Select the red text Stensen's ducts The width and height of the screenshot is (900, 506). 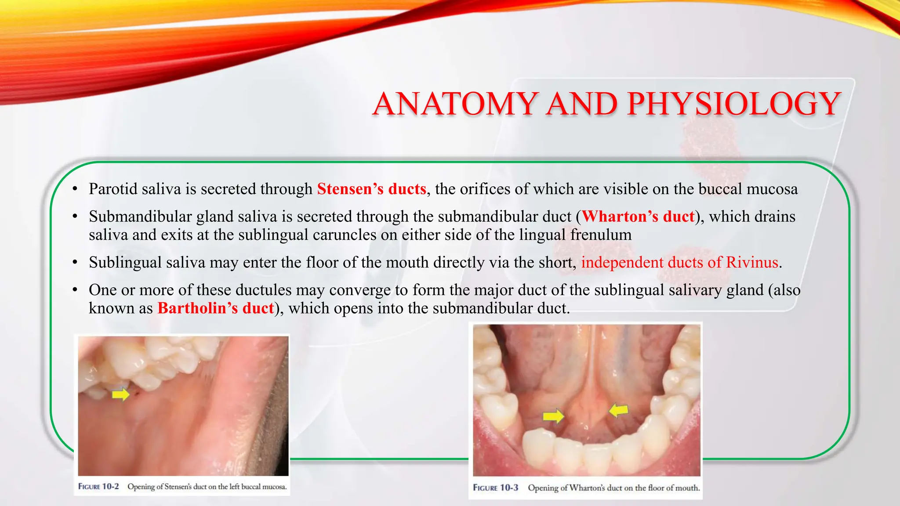(x=371, y=189)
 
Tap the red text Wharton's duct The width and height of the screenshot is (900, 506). (x=638, y=217)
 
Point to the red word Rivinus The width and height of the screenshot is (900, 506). (x=752, y=262)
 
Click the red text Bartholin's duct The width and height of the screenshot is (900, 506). (x=216, y=308)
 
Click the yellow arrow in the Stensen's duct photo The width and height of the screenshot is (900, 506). (x=120, y=394)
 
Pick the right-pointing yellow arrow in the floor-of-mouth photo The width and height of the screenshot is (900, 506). (x=553, y=415)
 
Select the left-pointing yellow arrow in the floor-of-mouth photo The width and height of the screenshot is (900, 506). (x=619, y=410)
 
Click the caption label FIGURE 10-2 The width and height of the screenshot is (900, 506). (x=98, y=486)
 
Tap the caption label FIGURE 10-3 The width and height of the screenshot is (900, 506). (x=495, y=488)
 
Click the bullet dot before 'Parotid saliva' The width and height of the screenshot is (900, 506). (x=75, y=189)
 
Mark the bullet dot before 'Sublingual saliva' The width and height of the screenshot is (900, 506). (x=75, y=263)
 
